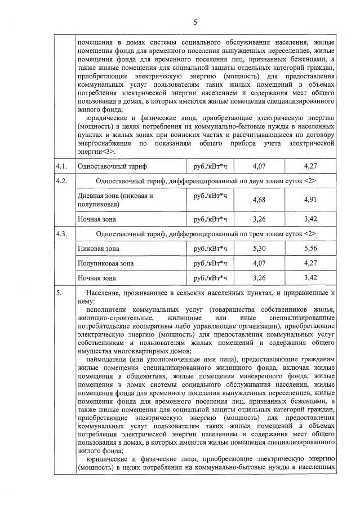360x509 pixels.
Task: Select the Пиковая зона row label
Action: (x=97, y=248)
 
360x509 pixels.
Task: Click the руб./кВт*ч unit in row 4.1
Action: (x=210, y=167)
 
